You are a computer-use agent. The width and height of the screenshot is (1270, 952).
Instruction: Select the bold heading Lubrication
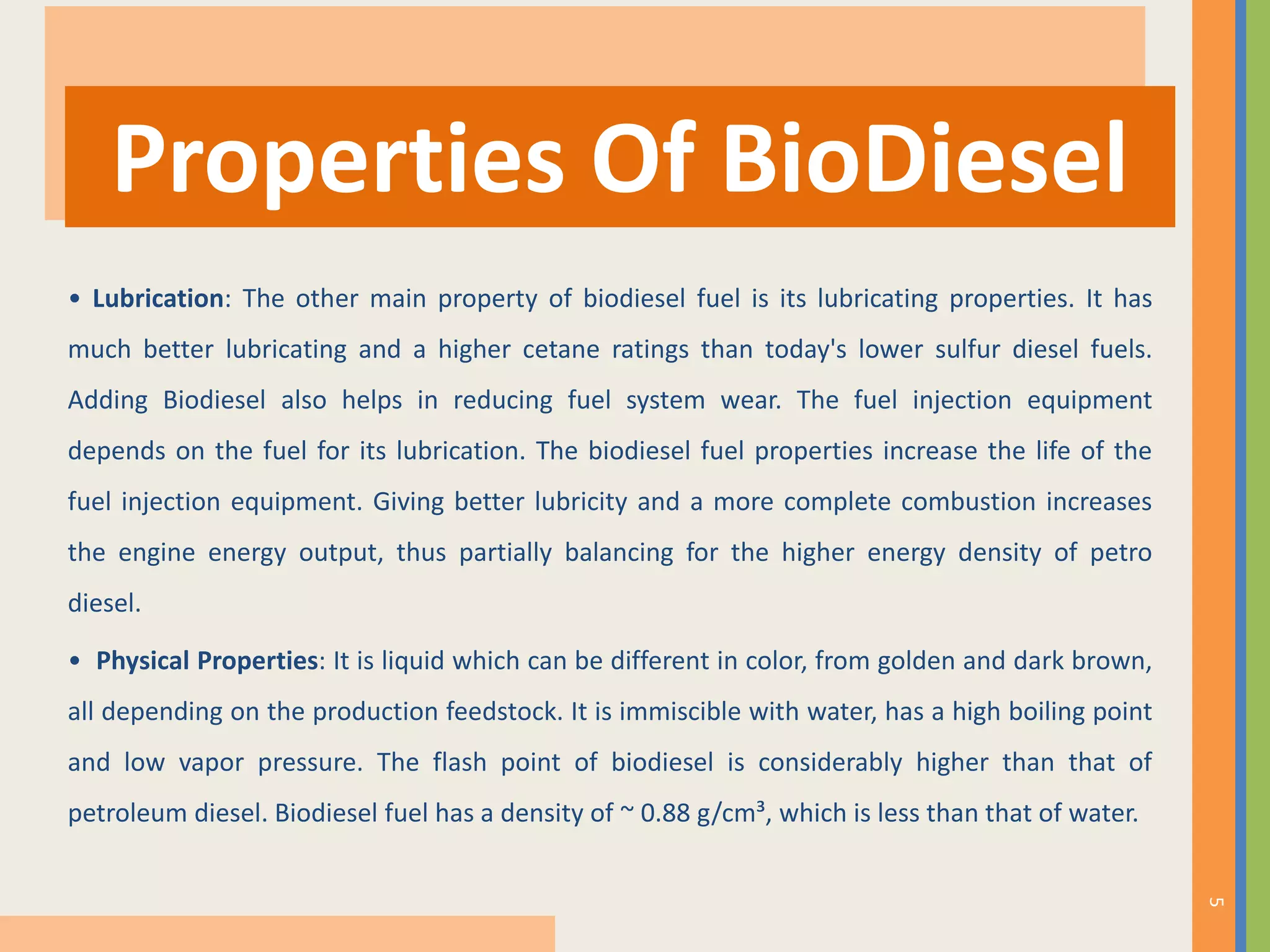coord(158,299)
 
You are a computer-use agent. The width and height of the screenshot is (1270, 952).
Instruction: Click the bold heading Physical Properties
coord(207,661)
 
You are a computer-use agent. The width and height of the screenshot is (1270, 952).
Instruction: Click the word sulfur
coord(967,350)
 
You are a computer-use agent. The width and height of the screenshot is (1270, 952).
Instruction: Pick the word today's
coord(806,350)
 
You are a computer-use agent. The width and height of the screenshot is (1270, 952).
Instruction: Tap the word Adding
coord(108,400)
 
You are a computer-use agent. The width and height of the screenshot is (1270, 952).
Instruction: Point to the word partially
coord(505,553)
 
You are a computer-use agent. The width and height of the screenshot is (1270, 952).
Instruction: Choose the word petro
coord(1121,553)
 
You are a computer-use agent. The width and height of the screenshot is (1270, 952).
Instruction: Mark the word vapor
coord(211,762)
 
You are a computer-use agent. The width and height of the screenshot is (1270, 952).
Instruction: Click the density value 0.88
coord(665,813)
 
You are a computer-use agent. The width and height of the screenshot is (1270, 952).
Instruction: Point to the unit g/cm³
coord(732,813)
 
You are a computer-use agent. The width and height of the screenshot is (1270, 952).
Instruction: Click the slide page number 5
coord(1215,902)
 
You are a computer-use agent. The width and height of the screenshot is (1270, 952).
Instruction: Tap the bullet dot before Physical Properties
coord(75,661)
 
